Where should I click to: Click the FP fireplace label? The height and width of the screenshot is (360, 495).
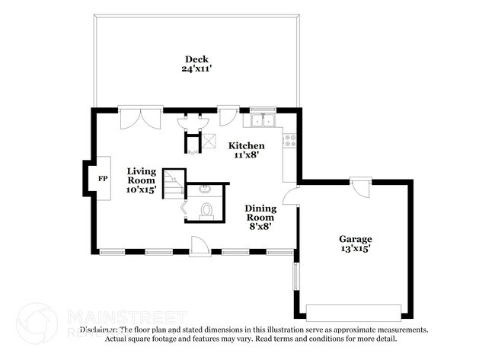(x=102, y=178)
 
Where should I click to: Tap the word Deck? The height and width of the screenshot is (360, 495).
(x=196, y=59)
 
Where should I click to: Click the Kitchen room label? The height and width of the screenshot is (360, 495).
(x=248, y=145)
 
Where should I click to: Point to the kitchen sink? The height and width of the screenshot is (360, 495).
(x=263, y=120)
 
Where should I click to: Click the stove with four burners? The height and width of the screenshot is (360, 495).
(x=290, y=140)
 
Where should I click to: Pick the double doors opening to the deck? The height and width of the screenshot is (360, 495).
(x=141, y=119)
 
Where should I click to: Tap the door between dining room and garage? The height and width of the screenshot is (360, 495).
(x=290, y=197)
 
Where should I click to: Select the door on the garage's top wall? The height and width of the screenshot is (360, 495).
(x=360, y=186)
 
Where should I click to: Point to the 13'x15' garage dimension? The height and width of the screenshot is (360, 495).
(x=355, y=248)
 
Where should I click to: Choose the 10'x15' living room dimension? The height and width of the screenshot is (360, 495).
(x=141, y=190)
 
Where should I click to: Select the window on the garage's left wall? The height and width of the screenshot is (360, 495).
(x=296, y=279)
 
